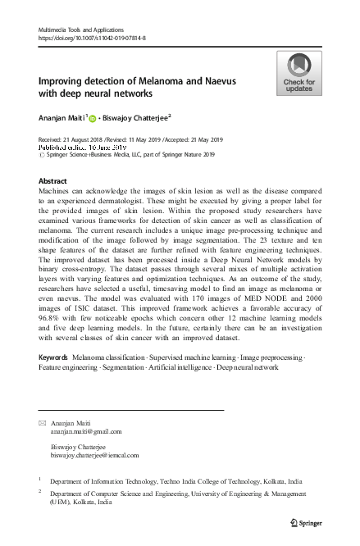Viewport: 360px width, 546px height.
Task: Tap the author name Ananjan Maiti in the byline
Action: tap(66, 117)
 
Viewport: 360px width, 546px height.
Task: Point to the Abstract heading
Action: tap(52, 180)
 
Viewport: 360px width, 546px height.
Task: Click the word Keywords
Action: tap(54, 381)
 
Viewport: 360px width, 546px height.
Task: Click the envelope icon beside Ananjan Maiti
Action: tap(43, 421)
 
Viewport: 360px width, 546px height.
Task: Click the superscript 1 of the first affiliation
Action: tap(40, 476)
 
